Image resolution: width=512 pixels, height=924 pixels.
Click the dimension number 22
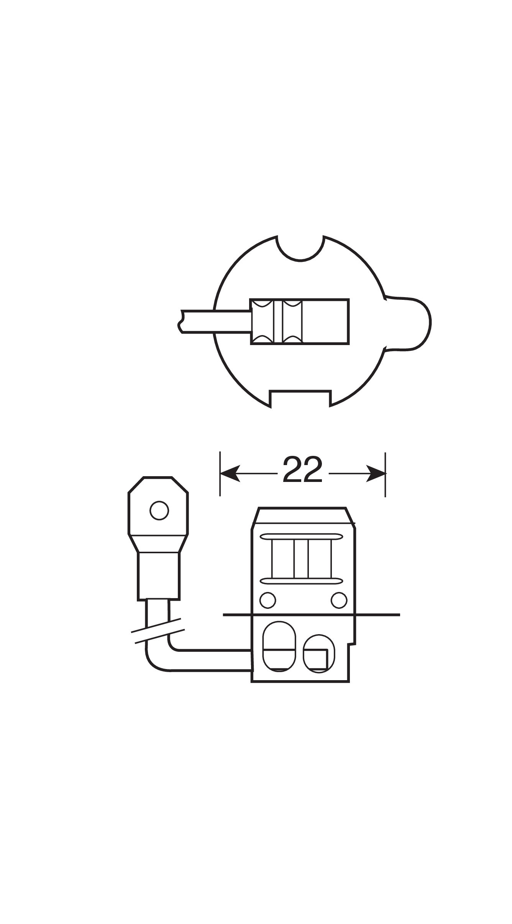coord(302,470)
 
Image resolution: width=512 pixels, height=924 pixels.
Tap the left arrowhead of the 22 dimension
coord(230,474)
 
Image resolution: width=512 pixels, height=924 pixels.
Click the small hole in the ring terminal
coord(159,511)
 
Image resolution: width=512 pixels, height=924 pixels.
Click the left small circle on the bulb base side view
coord(267,600)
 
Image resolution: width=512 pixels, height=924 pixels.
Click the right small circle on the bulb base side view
coord(339,600)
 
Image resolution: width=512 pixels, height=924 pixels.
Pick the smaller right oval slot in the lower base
coord(319,653)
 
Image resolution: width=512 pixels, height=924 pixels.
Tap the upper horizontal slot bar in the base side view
coord(301,536)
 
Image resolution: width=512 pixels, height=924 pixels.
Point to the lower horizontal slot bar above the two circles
coord(301,581)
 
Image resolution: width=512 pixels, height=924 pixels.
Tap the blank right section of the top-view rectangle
coord(325,322)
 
